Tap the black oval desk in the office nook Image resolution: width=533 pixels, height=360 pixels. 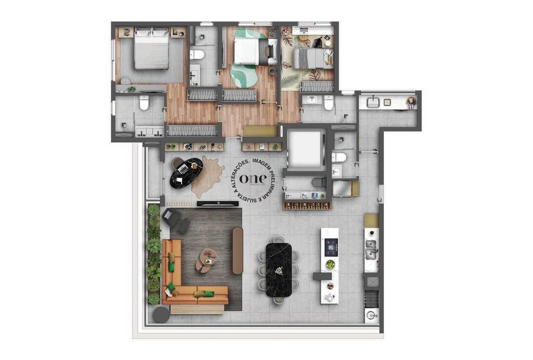coord(187,172)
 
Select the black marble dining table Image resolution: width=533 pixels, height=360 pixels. coord(279,269)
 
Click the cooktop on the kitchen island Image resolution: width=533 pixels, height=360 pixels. coord(331,247)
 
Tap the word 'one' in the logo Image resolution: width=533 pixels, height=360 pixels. coord(253,177)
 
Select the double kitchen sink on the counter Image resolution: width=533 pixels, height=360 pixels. coord(371,249)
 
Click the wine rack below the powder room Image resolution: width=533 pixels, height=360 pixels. coord(307,205)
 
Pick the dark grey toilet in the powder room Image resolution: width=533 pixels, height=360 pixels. coord(318,182)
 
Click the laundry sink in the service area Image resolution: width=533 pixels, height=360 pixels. coord(373,102)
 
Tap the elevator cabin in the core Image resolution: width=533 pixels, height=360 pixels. coord(307,148)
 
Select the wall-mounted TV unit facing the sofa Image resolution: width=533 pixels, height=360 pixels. coord(218,204)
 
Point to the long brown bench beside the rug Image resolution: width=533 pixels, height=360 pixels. coord(237,250)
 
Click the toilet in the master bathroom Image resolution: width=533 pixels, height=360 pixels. coord(144,103)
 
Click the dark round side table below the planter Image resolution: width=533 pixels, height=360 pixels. coord(161,315)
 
